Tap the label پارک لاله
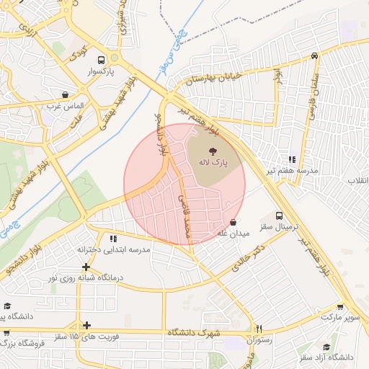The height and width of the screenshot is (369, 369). click(213, 164)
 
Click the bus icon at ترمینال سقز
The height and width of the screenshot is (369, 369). click(280, 215)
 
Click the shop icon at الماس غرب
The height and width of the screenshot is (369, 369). click(66, 94)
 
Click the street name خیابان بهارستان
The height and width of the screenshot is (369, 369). click(215, 77)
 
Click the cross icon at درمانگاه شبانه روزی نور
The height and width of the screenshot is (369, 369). click(86, 267)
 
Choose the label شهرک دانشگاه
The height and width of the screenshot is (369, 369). click(192, 332)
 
